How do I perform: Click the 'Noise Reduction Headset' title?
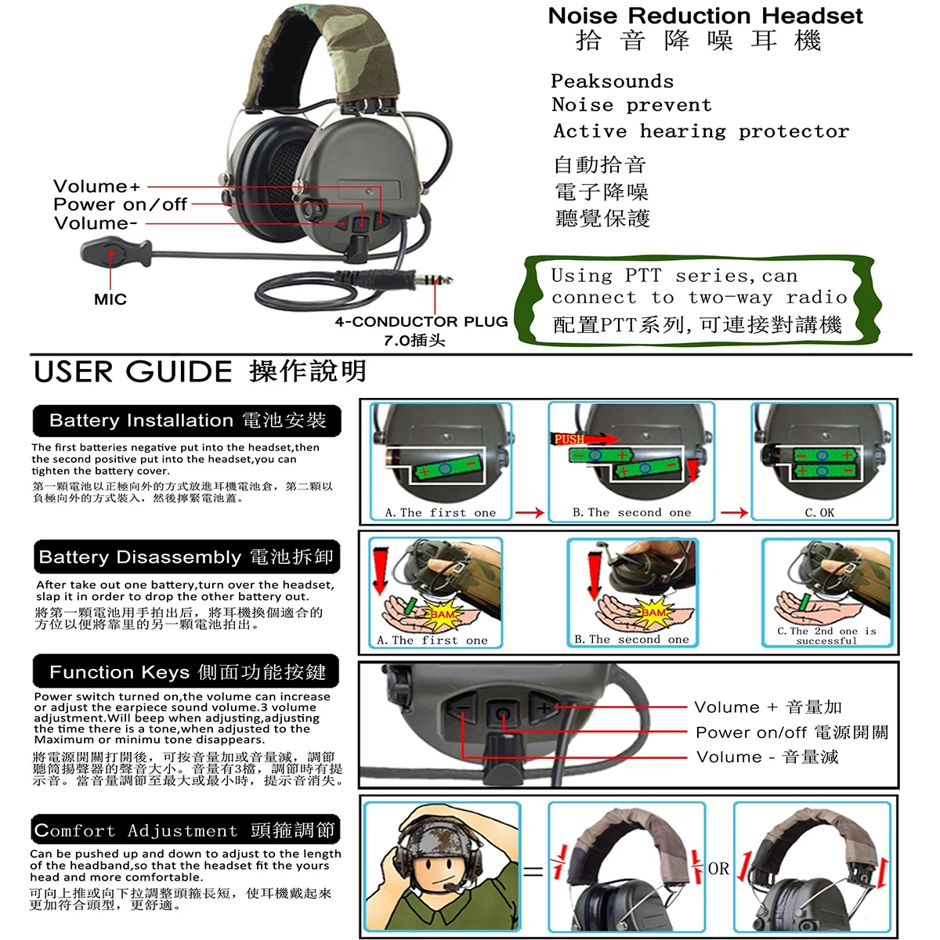705,16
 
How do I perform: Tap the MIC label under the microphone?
110,299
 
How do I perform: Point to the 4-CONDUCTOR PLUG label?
421,321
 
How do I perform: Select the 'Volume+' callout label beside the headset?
96,186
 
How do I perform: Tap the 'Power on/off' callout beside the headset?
120,204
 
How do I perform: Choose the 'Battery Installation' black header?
187,421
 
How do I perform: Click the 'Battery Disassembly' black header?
187,557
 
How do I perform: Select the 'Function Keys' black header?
186,671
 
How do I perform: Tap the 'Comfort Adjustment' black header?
186,830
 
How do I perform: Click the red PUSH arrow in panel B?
584,439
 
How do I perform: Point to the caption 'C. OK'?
819,512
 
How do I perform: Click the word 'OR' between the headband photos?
718,868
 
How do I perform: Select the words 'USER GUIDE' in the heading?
132,372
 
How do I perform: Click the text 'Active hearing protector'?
701,132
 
